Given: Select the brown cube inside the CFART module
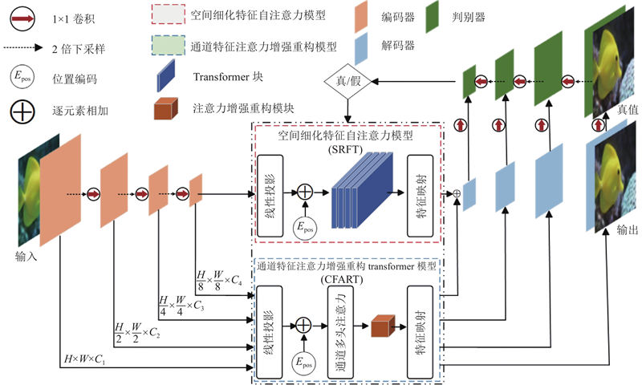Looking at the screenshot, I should point(379,326).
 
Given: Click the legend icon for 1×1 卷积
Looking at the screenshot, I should point(22,16).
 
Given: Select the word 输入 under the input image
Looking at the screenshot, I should point(26,257).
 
